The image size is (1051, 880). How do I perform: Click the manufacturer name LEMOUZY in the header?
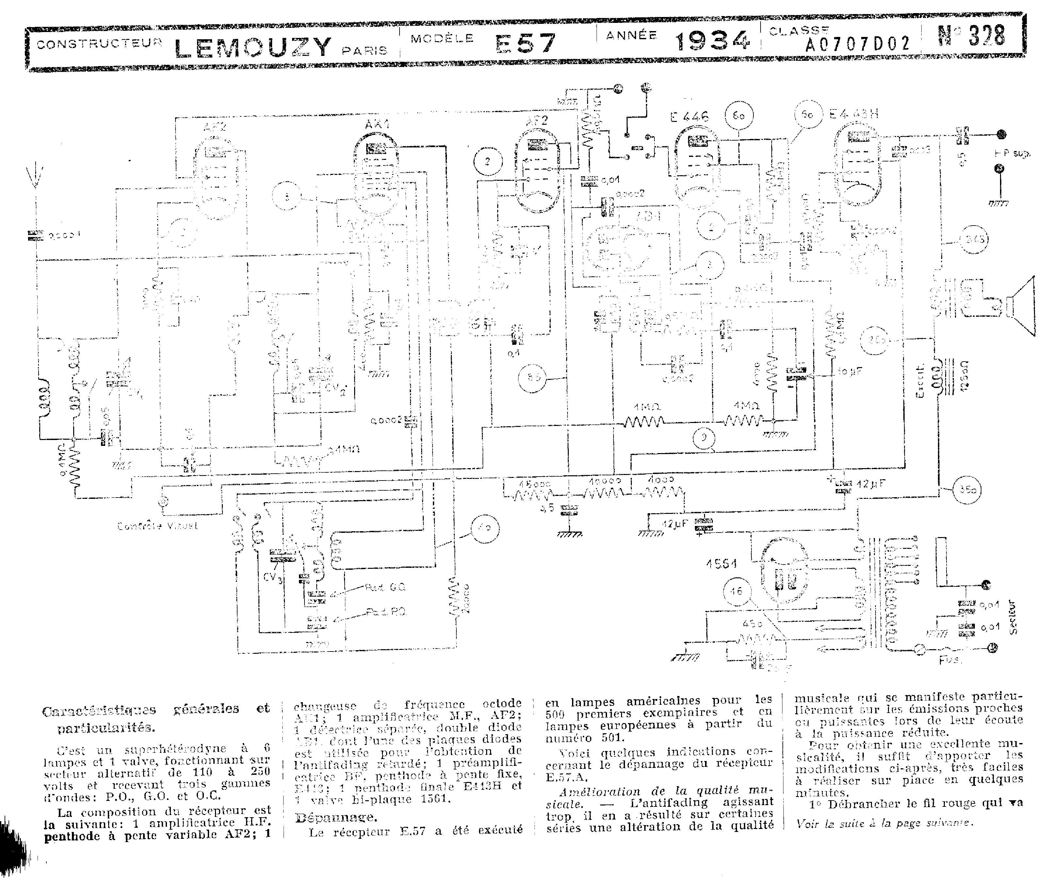pyautogui.click(x=253, y=46)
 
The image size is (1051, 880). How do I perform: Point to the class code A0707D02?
pyautogui.click(x=857, y=44)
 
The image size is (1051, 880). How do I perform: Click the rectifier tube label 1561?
pyautogui.click(x=721, y=564)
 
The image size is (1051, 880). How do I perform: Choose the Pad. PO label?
pyautogui.click(x=386, y=612)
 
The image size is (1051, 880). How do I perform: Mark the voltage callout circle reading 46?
pyautogui.click(x=736, y=591)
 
